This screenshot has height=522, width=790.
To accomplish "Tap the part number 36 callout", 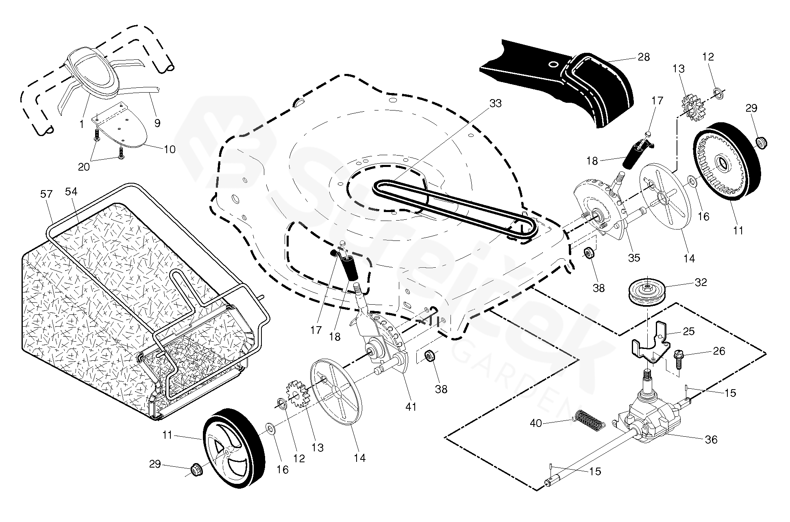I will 711,439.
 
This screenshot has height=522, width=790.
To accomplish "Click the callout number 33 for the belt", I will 495,104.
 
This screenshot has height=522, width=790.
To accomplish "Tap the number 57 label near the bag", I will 47,194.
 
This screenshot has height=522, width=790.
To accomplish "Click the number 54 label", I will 71,191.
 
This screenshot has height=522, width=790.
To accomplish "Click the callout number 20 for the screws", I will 84,167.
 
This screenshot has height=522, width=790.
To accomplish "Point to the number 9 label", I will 157,123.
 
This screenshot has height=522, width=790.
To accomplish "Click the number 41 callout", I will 411,406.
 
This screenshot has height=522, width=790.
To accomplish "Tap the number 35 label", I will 634,258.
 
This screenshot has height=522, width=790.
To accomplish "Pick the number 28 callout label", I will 644,57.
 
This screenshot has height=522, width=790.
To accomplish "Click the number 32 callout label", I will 701,282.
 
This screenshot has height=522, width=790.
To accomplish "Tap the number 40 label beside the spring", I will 536,423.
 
